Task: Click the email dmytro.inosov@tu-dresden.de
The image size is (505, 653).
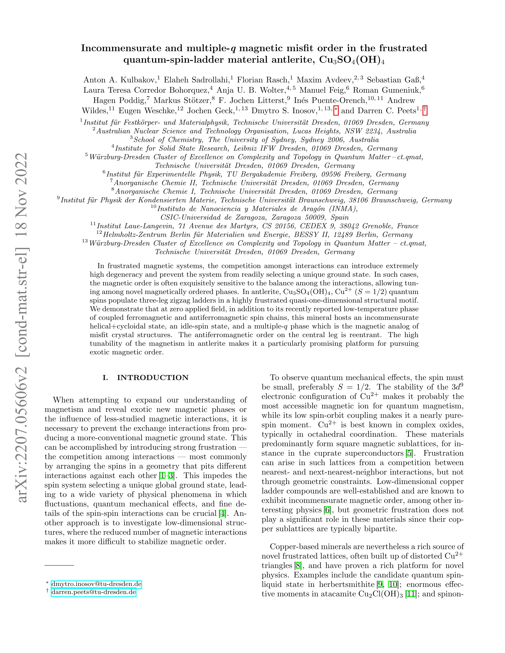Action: (96, 584)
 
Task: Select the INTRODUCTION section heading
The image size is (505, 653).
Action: (152, 378)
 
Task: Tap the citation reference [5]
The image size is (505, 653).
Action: (409, 453)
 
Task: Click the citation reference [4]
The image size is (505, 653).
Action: (222, 513)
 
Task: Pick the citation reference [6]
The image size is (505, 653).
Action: (327, 510)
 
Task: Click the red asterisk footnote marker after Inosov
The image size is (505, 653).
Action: (336, 111)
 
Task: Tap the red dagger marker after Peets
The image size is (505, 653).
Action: (425, 111)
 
